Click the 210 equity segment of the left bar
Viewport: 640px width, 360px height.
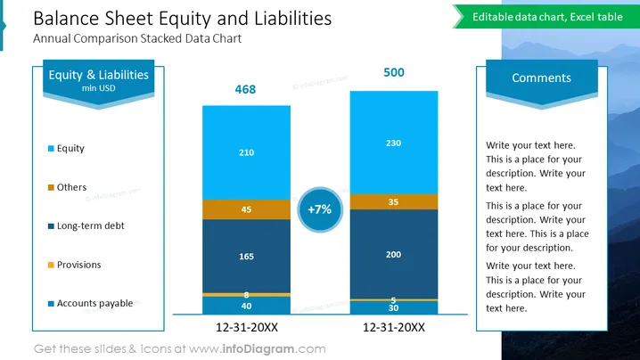[x=247, y=152]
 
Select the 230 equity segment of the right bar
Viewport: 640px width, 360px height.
[x=394, y=143]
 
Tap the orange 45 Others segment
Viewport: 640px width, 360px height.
[x=247, y=209]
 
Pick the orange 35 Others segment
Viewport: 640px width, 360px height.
[x=394, y=202]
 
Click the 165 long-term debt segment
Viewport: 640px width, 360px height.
[x=247, y=257]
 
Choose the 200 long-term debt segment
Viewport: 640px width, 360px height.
[x=394, y=254]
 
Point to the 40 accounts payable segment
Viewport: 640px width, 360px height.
[x=247, y=306]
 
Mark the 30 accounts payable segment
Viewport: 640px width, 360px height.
[x=394, y=307]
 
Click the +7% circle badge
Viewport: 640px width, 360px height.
[x=320, y=209]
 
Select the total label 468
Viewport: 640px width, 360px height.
[x=245, y=89]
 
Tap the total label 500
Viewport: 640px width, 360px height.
[x=394, y=73]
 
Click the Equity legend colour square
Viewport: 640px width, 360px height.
[x=51, y=149]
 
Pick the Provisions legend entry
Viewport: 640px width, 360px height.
[x=74, y=265]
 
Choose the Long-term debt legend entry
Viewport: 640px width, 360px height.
[x=86, y=225]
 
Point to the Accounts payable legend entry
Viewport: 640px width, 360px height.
[x=90, y=303]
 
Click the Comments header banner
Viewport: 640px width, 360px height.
[x=542, y=82]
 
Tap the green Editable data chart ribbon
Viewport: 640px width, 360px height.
[x=546, y=17]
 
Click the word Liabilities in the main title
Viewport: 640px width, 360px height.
[x=292, y=19]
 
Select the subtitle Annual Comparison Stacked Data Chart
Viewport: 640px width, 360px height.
[x=137, y=39]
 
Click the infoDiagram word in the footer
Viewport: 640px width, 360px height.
[x=258, y=349]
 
